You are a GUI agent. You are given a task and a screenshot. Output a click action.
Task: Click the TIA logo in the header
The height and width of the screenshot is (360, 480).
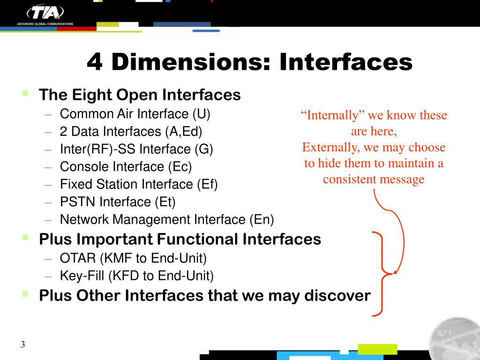(x=45, y=12)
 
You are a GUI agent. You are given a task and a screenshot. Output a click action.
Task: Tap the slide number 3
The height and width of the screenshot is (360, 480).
(x=22, y=345)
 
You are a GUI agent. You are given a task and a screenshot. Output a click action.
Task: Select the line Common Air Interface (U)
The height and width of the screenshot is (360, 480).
(x=135, y=114)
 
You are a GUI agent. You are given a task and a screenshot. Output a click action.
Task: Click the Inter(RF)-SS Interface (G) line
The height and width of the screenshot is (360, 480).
(x=136, y=150)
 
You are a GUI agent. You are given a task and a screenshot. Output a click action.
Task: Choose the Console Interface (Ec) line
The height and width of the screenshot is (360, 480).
(x=126, y=167)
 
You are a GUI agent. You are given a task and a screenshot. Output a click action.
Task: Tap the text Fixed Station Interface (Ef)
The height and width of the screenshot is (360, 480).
(x=139, y=185)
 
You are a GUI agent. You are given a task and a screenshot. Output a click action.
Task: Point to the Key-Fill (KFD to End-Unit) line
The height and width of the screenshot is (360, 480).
(x=137, y=276)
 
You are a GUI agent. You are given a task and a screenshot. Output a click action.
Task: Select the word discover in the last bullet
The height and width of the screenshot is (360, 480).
(x=337, y=296)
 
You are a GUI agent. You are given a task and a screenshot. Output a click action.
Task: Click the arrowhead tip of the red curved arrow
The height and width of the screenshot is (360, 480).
(x=395, y=273)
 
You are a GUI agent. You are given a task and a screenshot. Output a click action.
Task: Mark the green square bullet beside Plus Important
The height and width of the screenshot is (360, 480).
(x=25, y=237)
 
